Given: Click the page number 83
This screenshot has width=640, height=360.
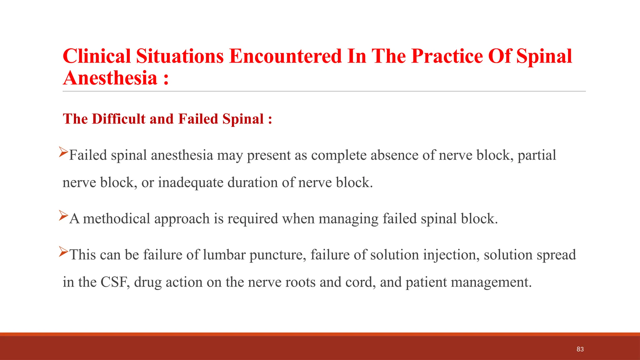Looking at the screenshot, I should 580,349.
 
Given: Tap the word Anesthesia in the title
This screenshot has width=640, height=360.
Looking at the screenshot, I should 110,78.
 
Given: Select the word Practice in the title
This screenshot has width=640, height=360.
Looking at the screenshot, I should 447,56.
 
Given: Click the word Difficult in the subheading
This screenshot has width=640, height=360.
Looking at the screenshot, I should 118,119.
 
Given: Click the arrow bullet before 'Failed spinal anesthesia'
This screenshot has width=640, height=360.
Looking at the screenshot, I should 63,152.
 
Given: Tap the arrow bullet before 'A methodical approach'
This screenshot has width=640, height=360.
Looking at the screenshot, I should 63,216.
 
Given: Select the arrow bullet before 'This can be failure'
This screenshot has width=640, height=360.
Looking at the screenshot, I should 63,252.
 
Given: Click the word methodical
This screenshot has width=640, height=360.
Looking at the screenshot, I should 116,218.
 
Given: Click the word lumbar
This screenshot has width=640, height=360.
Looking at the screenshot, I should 224,255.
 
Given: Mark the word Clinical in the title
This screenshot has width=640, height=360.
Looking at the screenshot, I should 97,56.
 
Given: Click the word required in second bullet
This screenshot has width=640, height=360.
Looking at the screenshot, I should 252,218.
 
